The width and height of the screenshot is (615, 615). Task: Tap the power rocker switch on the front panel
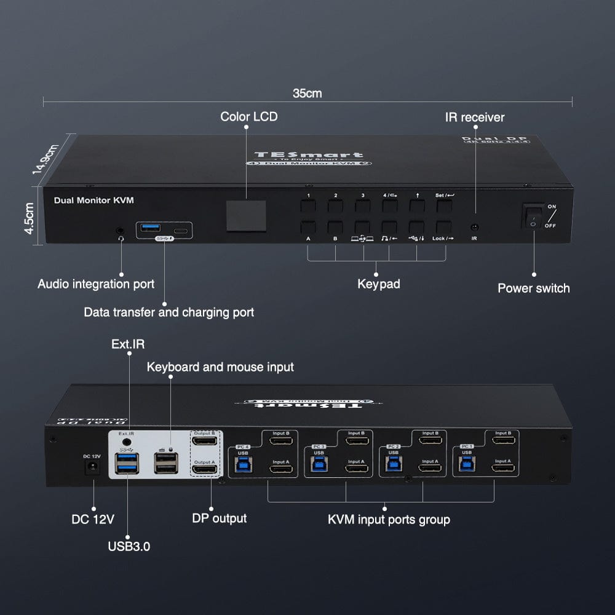click(532, 216)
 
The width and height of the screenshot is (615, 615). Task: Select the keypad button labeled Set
click(444, 205)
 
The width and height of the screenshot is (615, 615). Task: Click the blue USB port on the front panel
click(149, 229)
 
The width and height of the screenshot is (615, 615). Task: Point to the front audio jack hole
click(121, 231)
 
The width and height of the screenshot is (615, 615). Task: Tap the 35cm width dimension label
click(307, 93)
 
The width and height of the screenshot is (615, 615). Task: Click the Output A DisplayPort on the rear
click(205, 470)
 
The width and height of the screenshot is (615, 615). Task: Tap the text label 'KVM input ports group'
click(389, 520)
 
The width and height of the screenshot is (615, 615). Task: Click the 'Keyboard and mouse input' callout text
click(220, 367)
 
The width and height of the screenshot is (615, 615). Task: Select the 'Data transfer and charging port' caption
click(169, 312)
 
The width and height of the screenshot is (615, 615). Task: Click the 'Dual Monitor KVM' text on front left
click(93, 200)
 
